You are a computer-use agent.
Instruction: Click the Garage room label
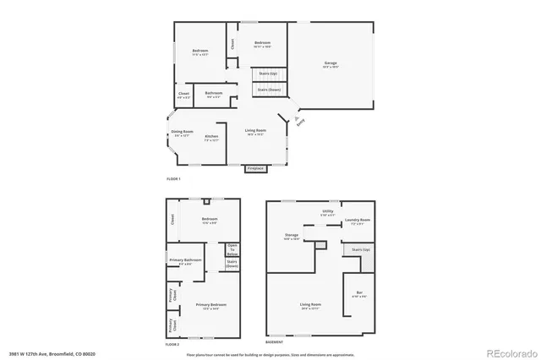click(x=331, y=63)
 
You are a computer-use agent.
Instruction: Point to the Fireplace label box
click(x=255, y=168)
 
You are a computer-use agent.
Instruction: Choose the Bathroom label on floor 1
click(x=213, y=93)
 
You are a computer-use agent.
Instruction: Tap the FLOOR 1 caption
click(x=173, y=179)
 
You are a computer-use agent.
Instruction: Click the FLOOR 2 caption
click(x=173, y=343)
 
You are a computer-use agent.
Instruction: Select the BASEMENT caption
click(x=274, y=342)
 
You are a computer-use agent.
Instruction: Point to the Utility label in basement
click(x=327, y=211)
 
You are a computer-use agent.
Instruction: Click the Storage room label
click(x=292, y=236)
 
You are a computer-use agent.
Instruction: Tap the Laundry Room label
click(x=358, y=221)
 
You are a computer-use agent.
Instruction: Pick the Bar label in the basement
click(x=359, y=293)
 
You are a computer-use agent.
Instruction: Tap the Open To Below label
click(x=232, y=249)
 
